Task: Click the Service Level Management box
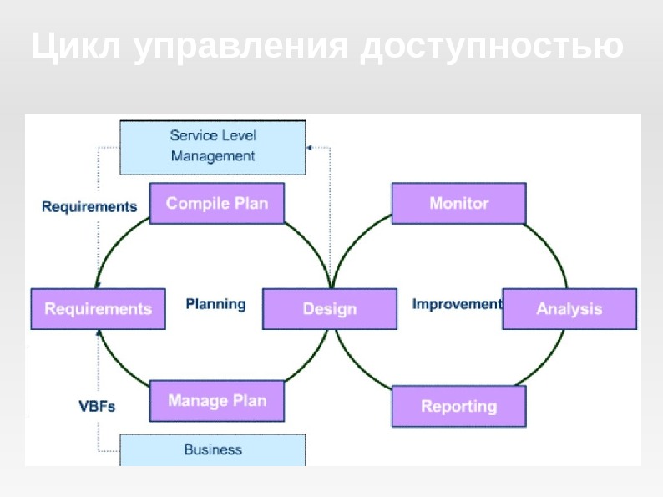[213, 147]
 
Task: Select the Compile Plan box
[217, 203]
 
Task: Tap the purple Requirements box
[98, 309]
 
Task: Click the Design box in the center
[330, 309]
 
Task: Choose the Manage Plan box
[217, 401]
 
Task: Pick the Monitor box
[458, 203]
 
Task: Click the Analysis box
[569, 309]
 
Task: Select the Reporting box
[458, 407]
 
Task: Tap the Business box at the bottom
[213, 450]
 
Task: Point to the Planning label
[215, 304]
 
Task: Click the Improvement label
[457, 304]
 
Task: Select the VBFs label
[97, 407]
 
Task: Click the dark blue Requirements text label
[89, 206]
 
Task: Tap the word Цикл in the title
[76, 47]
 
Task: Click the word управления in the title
[240, 47]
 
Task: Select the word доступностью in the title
[492, 47]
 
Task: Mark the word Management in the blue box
[213, 156]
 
